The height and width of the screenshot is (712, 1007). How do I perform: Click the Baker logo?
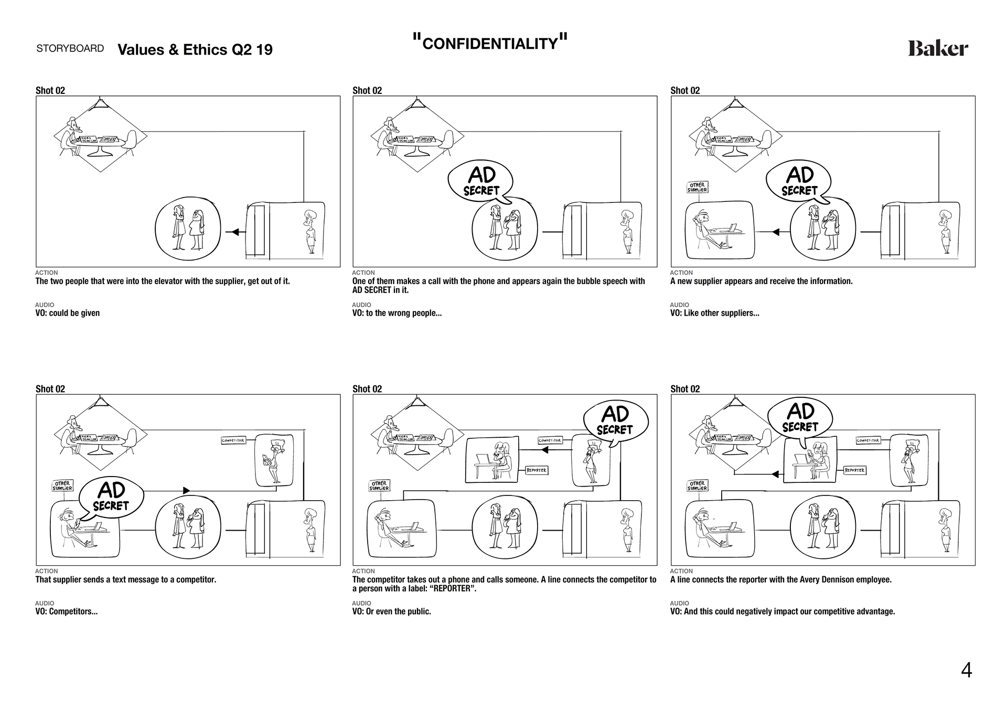938,49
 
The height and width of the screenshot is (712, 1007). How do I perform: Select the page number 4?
966,671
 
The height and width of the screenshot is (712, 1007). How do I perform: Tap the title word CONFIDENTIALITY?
490,44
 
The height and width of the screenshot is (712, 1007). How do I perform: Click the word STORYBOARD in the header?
70,48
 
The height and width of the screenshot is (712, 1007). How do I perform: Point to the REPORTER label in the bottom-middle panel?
537,470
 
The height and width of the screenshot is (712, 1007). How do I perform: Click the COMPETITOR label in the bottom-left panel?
233,440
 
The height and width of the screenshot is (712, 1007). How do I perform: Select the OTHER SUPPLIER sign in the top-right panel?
697,187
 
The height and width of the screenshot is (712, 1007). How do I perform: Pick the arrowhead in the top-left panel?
235,232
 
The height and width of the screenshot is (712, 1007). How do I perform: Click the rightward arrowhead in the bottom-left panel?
186,490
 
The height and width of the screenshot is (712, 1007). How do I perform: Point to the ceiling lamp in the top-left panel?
100,103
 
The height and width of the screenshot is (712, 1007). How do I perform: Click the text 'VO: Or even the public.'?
392,611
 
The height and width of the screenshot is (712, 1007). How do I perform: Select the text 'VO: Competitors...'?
67,611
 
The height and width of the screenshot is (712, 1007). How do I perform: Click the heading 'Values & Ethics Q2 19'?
195,50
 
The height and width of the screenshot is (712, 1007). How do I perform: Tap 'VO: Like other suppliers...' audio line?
714,313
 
